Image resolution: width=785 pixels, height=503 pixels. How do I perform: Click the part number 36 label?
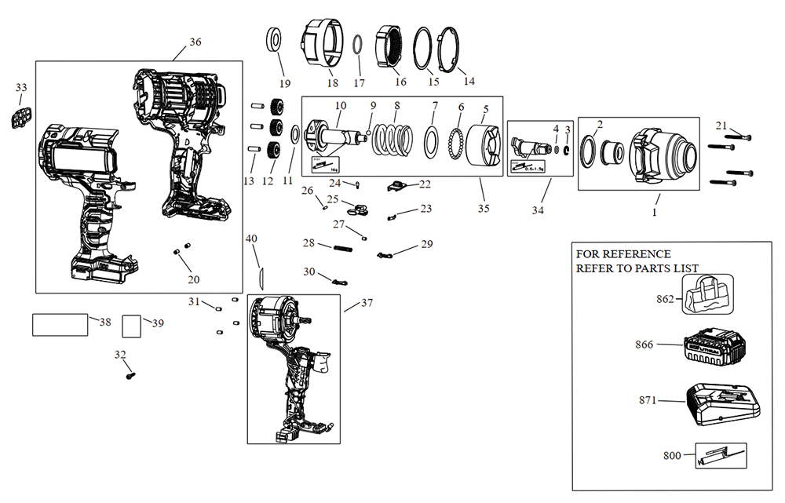(x=195, y=42)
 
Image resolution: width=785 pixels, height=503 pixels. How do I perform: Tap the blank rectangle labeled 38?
(x=60, y=324)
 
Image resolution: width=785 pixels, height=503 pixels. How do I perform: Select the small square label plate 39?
(x=132, y=325)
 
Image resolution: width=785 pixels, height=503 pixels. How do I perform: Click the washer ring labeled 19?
(x=276, y=38)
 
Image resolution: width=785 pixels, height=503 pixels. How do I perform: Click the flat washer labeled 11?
(x=294, y=135)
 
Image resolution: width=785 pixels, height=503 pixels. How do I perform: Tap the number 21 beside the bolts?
(x=721, y=125)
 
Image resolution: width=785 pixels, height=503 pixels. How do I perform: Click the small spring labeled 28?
(x=341, y=249)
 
